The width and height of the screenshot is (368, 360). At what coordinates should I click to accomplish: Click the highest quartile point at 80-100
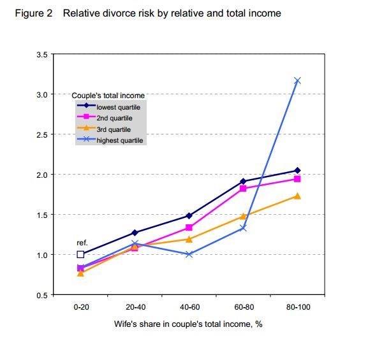(297, 81)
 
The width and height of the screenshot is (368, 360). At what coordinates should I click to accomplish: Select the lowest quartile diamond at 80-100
(297, 170)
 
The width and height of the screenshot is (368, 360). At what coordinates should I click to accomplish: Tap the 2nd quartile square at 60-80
(243, 189)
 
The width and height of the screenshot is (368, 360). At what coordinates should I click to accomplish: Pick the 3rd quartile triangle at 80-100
(297, 196)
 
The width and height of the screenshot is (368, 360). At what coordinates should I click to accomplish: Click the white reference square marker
(80, 254)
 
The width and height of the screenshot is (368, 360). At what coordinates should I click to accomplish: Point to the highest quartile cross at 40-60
(189, 254)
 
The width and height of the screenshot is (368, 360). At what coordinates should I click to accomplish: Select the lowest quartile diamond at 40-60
(189, 216)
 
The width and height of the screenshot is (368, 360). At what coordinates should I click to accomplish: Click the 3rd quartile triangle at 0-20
(80, 273)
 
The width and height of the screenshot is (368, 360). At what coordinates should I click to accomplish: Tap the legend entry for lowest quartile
(109, 106)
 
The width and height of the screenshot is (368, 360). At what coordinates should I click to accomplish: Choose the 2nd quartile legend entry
(105, 117)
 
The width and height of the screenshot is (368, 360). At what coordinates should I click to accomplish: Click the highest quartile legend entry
(110, 140)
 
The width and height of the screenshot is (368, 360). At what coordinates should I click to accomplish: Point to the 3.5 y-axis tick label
(42, 55)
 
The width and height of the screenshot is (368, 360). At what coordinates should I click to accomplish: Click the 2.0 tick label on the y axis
(42, 175)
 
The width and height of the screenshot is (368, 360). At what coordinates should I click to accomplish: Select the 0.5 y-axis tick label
(42, 295)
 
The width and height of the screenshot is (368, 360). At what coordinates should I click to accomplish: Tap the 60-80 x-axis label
(244, 306)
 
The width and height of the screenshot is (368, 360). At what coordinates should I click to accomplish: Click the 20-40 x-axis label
(136, 306)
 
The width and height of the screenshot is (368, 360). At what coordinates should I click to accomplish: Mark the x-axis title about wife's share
(188, 324)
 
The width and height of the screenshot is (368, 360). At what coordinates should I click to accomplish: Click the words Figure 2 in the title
(34, 13)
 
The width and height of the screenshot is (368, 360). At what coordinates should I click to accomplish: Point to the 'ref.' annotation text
(82, 243)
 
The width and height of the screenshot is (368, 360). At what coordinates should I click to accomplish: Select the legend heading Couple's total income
(108, 96)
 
